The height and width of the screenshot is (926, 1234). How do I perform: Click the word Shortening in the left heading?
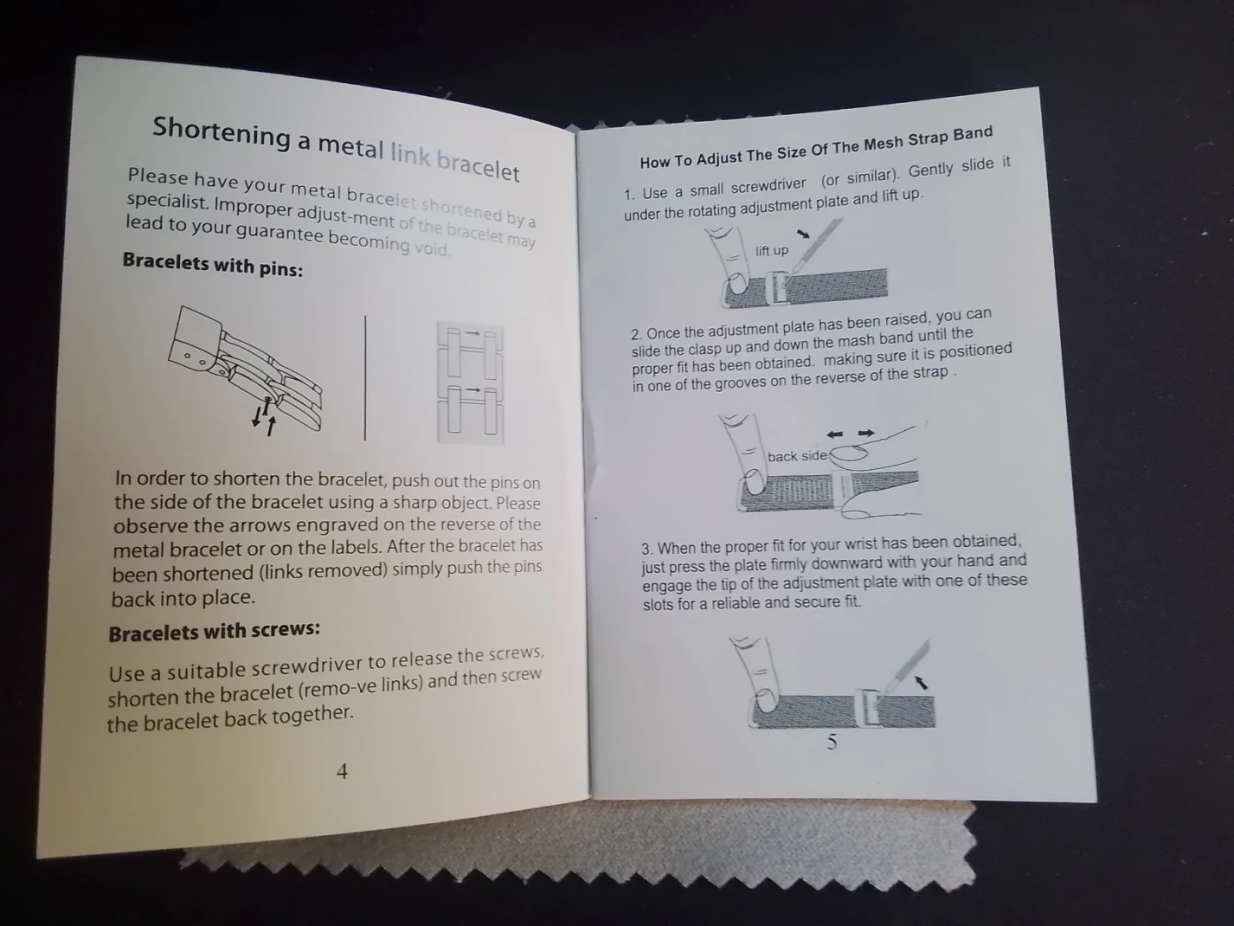click(221, 134)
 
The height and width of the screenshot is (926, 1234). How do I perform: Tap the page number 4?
click(342, 772)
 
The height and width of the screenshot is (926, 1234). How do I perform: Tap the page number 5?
click(832, 743)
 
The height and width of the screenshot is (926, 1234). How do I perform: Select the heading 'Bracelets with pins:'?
click(213, 264)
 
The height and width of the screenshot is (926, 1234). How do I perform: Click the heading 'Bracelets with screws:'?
click(214, 631)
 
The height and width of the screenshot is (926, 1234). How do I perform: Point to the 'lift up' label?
click(772, 250)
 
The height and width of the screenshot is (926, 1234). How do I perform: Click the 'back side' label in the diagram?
click(797, 456)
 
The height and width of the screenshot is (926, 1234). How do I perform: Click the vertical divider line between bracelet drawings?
click(365, 378)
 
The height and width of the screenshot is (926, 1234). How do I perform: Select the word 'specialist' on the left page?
click(166, 201)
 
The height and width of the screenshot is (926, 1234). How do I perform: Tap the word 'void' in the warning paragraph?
click(432, 249)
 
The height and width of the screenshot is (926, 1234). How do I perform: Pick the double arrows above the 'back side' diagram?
click(851, 434)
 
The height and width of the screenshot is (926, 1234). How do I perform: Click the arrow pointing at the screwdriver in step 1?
click(804, 233)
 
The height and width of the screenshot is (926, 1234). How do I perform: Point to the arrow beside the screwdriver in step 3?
click(921, 682)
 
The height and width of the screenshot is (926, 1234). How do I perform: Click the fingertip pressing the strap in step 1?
click(736, 283)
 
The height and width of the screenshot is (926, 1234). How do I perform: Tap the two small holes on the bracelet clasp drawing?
click(195, 359)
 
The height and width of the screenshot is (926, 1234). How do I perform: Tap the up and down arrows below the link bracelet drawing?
click(264, 418)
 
